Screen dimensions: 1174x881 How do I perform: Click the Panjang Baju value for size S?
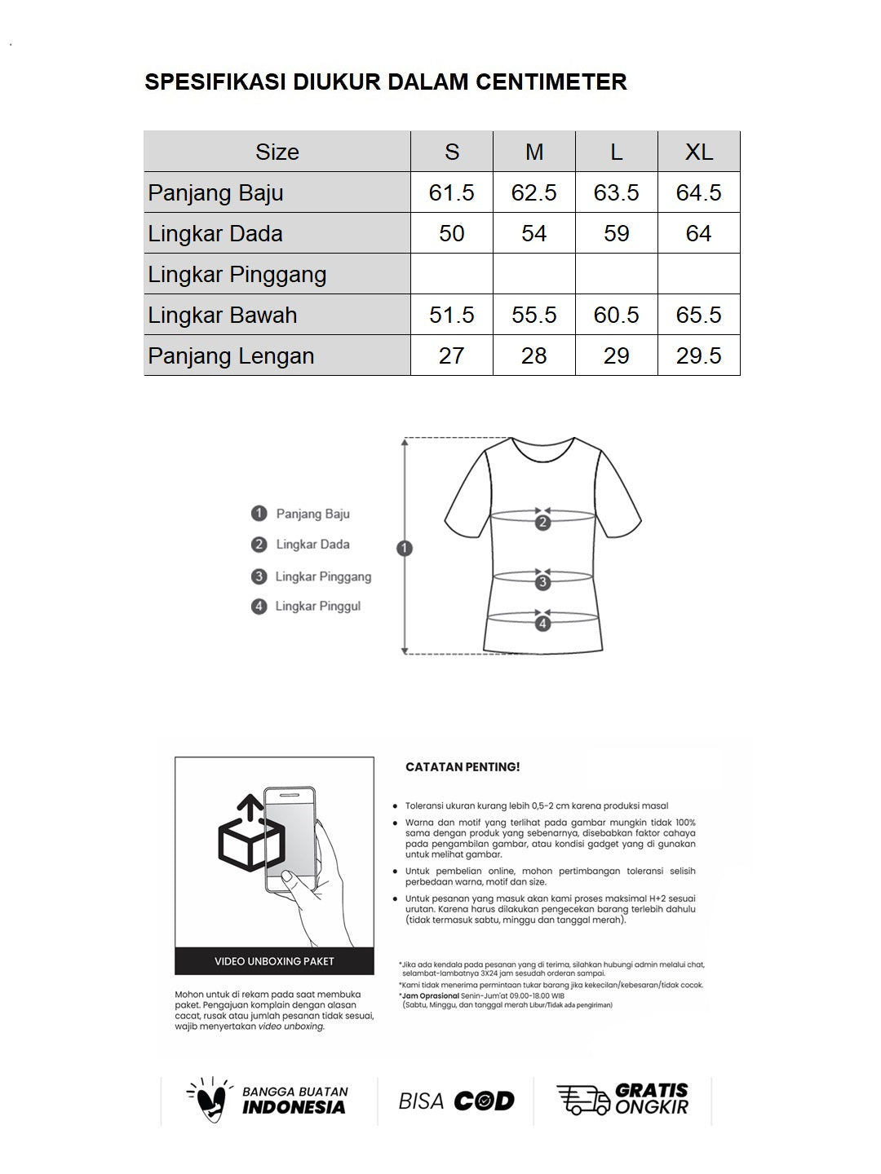tap(451, 192)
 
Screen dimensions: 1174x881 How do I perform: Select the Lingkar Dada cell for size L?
tap(616, 233)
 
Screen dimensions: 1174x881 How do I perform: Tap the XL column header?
tap(698, 152)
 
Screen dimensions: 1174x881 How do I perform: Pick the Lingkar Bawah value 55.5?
tap(533, 315)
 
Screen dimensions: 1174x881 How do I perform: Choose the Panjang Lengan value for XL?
tap(698, 355)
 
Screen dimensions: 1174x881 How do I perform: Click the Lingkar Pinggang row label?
tap(237, 274)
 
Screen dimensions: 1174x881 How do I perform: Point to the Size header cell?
tap(277, 152)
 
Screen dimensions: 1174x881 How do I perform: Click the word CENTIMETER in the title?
tap(551, 82)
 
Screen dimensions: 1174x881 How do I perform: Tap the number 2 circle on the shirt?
tap(542, 523)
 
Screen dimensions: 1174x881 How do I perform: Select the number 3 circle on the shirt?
tap(542, 583)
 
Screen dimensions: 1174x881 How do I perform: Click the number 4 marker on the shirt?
tap(542, 624)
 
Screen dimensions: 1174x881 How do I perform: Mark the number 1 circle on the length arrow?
tap(405, 548)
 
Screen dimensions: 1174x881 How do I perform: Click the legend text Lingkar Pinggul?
tap(317, 607)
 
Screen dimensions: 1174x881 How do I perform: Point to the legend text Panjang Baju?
tap(312, 514)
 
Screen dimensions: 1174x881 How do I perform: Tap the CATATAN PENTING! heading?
tap(463, 767)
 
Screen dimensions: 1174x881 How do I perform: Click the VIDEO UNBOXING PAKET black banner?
tap(274, 961)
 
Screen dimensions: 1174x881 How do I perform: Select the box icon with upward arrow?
tap(250, 833)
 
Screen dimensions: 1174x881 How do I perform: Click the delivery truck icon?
tap(582, 1100)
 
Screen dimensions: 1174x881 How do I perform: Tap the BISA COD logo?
tap(456, 1101)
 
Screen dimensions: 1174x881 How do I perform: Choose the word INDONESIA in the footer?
tap(294, 1107)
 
